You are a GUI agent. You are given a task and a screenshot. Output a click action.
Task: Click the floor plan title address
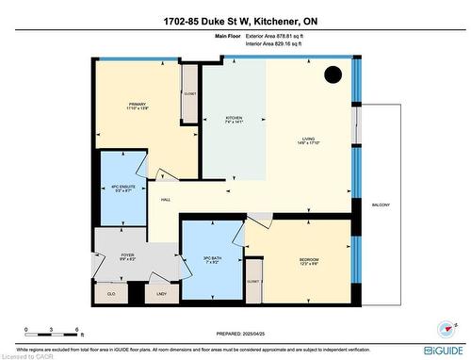235,21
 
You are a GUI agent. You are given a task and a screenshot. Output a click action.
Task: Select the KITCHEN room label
227,119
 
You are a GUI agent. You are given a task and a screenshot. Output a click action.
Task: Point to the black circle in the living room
333,75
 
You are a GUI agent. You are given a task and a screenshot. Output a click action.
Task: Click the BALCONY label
381,205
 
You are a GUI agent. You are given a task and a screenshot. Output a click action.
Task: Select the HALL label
166,200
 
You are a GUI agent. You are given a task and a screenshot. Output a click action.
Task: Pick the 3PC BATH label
211,257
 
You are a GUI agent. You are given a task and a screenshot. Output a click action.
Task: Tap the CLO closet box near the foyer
110,293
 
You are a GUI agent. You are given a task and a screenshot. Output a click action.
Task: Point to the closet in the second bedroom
252,283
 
